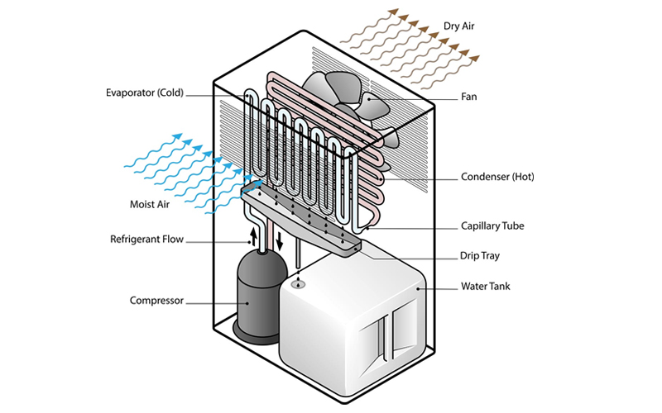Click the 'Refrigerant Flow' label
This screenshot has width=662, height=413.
coord(146,240)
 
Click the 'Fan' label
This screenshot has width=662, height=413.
coord(469,97)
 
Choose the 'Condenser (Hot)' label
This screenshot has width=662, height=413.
coord(496,177)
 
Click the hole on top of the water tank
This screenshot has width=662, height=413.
coord(298,283)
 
